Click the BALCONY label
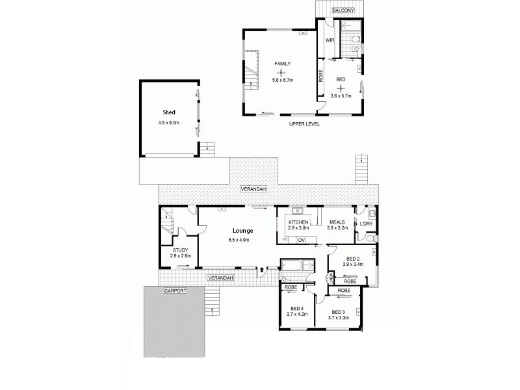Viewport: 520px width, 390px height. tap(342, 11)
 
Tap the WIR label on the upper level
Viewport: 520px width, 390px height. tap(330, 40)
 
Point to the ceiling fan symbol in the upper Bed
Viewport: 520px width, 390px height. tap(341, 87)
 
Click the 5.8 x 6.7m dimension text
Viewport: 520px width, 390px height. tap(283, 80)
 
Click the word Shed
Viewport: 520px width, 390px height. tap(169, 112)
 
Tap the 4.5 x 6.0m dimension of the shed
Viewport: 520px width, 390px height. tap(168, 122)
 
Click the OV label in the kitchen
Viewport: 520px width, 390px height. tap(301, 240)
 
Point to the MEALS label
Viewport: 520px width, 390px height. tap(336, 222)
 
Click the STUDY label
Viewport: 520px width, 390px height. tap(179, 250)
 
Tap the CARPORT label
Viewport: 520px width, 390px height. tap(175, 291)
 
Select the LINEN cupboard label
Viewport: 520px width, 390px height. tap(331, 278)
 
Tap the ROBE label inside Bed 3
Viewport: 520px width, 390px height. tap(344, 291)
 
